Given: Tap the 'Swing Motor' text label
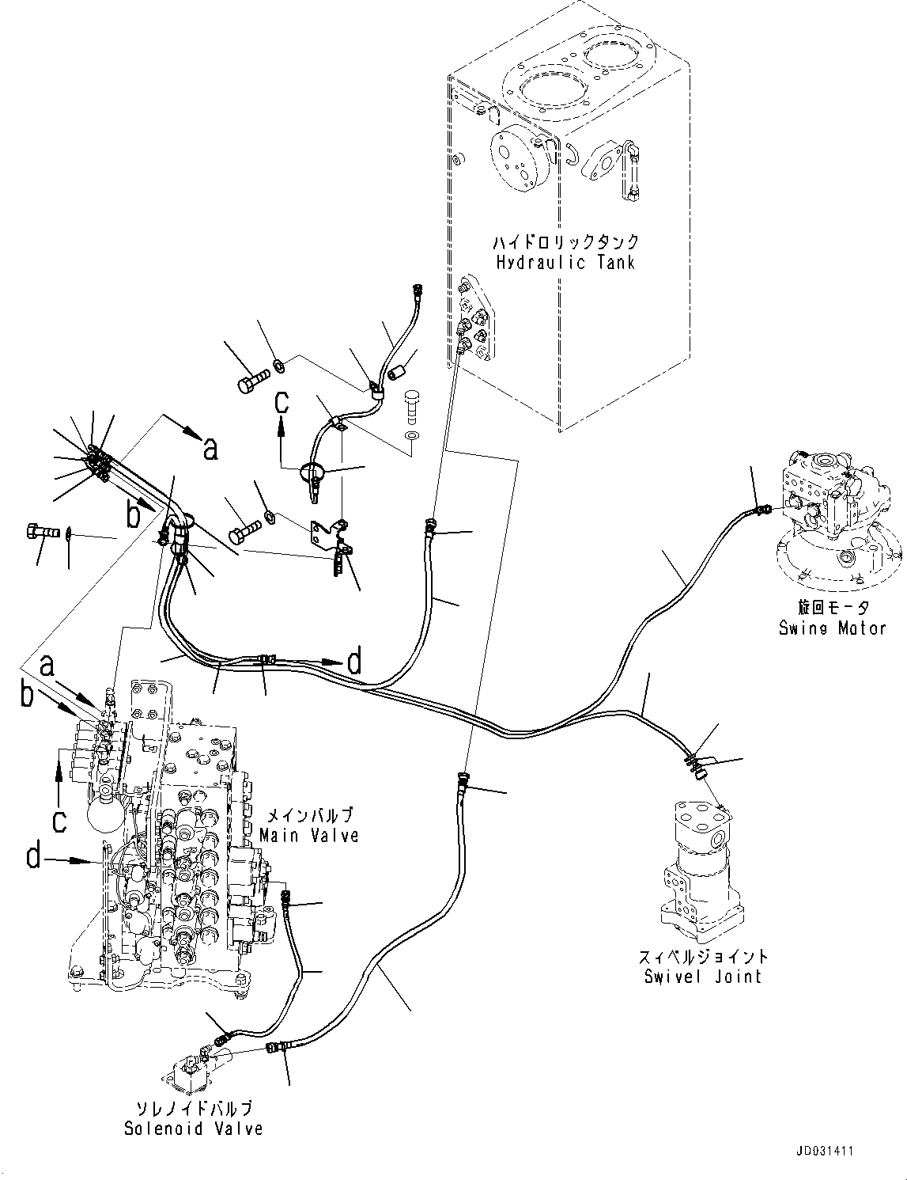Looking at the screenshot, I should click(x=832, y=628).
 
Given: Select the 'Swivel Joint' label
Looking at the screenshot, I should click(x=703, y=976).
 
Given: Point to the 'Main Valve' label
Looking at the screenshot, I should click(x=309, y=834).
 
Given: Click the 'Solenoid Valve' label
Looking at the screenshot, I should click(x=193, y=1128).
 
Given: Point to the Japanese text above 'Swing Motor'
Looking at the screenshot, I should click(x=832, y=608).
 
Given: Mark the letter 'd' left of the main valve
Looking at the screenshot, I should click(x=33, y=856).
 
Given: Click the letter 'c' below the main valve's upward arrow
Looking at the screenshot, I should click(x=59, y=821).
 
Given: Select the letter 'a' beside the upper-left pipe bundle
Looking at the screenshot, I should click(x=210, y=449).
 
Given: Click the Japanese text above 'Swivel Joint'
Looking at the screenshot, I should click(x=703, y=956).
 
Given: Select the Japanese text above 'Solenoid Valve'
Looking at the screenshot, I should click(x=193, y=1108).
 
